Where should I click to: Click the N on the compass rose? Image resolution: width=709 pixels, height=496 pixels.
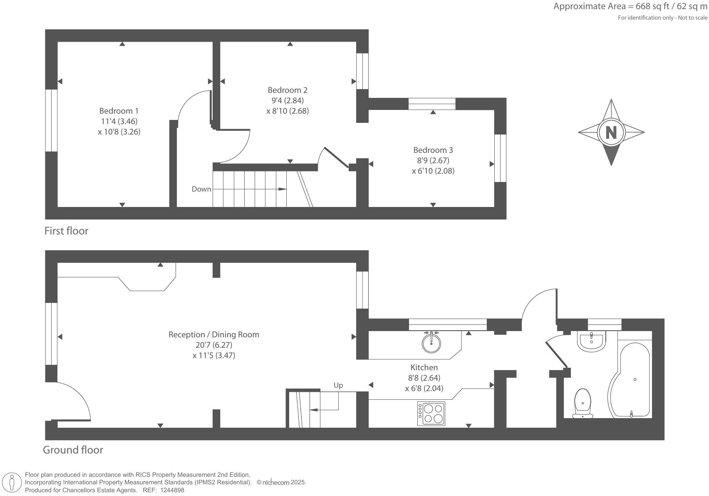tap(611, 132)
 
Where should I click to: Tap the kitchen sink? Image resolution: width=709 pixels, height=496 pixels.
tap(431, 342)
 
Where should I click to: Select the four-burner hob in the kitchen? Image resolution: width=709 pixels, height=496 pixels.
tap(431, 413)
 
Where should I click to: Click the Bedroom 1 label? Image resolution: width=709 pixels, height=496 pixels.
tap(119, 111)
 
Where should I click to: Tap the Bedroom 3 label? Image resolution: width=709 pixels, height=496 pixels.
tap(433, 150)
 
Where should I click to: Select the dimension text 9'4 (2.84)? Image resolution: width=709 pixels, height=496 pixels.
tap(288, 100)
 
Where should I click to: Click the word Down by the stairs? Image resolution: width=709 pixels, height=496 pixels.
tap(201, 189)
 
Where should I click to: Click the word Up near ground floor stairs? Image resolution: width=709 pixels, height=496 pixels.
tap(338, 385)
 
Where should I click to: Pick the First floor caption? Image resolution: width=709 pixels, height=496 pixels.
tap(67, 231)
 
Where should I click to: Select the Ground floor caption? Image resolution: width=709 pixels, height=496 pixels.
tap(73, 450)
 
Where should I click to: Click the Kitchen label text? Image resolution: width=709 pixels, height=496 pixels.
tap(424, 367)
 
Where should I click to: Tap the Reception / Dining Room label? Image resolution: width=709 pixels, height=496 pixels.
tap(213, 334)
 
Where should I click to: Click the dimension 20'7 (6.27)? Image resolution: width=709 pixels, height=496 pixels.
tap(213, 345)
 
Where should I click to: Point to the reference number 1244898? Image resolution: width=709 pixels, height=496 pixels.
tap(172, 490)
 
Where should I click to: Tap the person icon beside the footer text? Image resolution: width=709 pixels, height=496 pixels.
tap(12, 483)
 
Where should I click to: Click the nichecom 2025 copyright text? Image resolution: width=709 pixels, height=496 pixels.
tap(281, 482)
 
